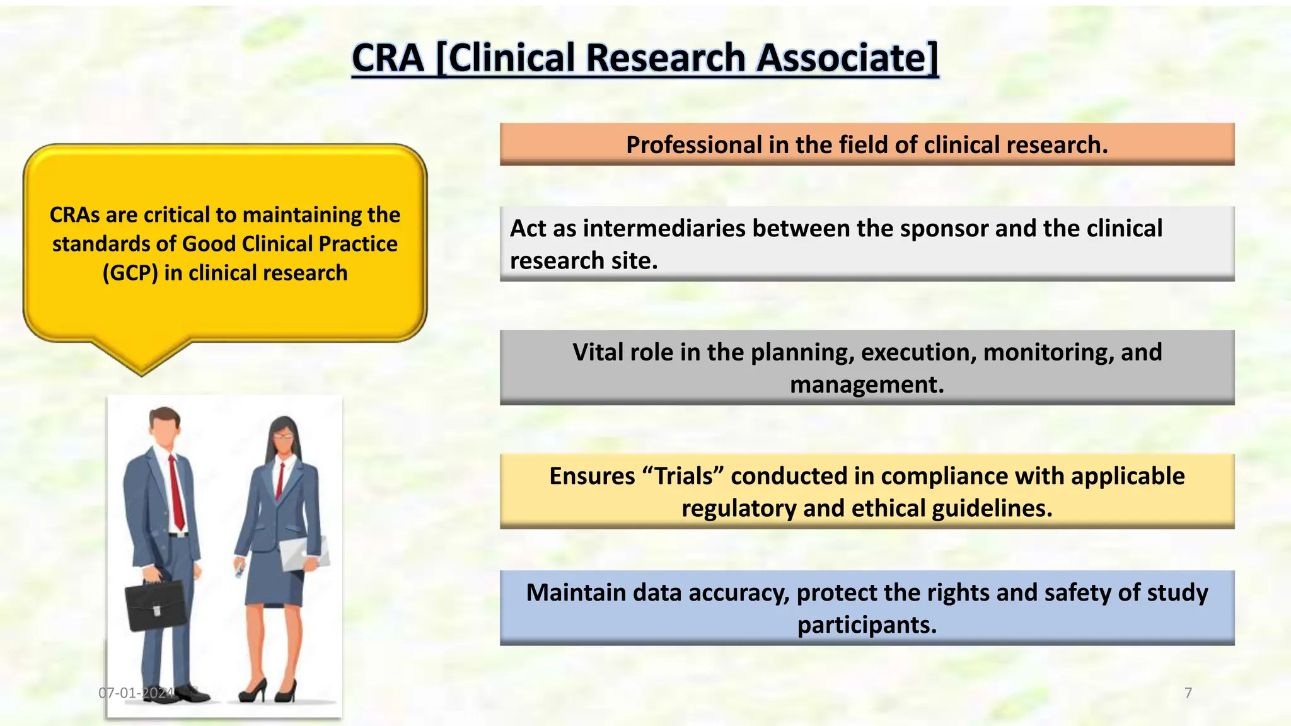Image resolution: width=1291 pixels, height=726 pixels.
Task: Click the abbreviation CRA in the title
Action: [x=388, y=58]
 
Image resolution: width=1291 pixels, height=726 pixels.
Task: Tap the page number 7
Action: [x=1188, y=693]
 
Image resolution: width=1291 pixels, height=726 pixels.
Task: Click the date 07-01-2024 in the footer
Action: [x=136, y=693]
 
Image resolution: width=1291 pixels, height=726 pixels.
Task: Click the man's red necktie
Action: [x=177, y=492]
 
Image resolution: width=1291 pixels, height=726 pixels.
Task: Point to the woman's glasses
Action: [x=283, y=435]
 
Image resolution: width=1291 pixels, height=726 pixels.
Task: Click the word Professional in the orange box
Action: [x=693, y=145]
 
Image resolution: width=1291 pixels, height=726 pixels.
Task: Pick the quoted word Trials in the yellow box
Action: [x=683, y=476]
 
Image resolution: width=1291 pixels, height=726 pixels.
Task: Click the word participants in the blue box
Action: [x=867, y=625]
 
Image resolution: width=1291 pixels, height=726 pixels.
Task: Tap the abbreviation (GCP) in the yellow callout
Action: [x=130, y=273]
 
